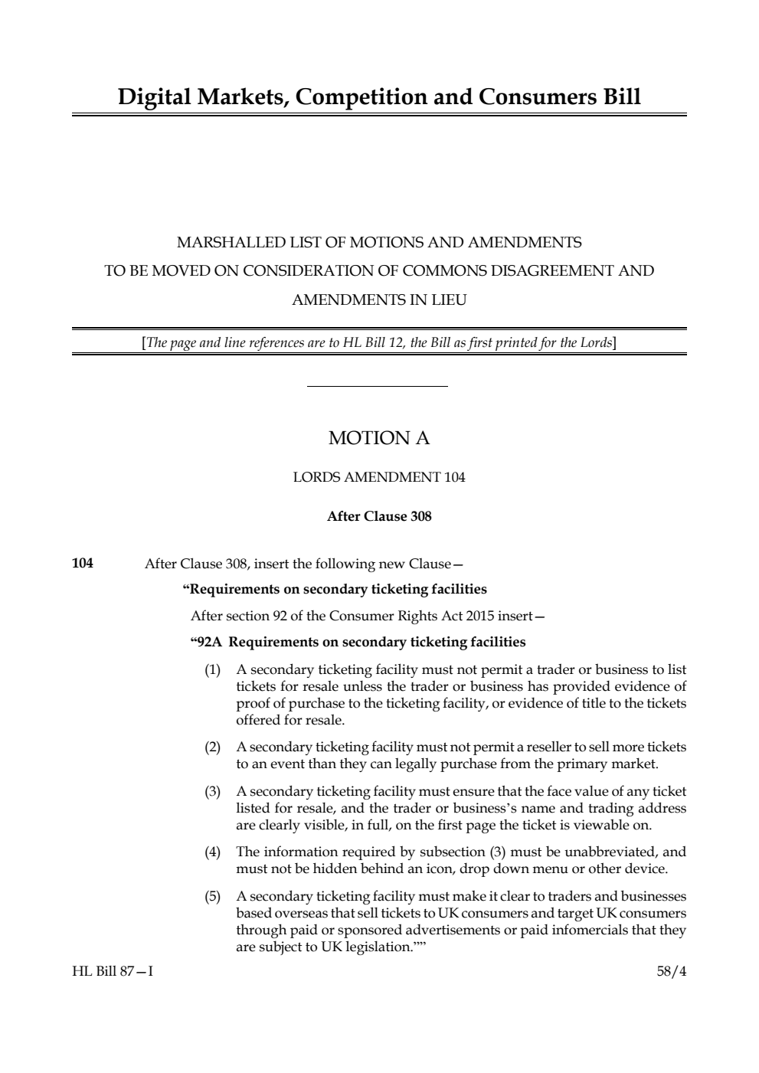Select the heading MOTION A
coord(379,438)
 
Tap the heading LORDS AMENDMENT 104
coord(379,477)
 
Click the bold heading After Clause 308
coord(379,516)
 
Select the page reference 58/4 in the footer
coord(672,971)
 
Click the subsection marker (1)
coord(212,670)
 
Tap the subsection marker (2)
coord(212,747)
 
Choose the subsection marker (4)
coord(212,852)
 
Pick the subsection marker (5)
coord(212,896)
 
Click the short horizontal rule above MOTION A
coord(377,387)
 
